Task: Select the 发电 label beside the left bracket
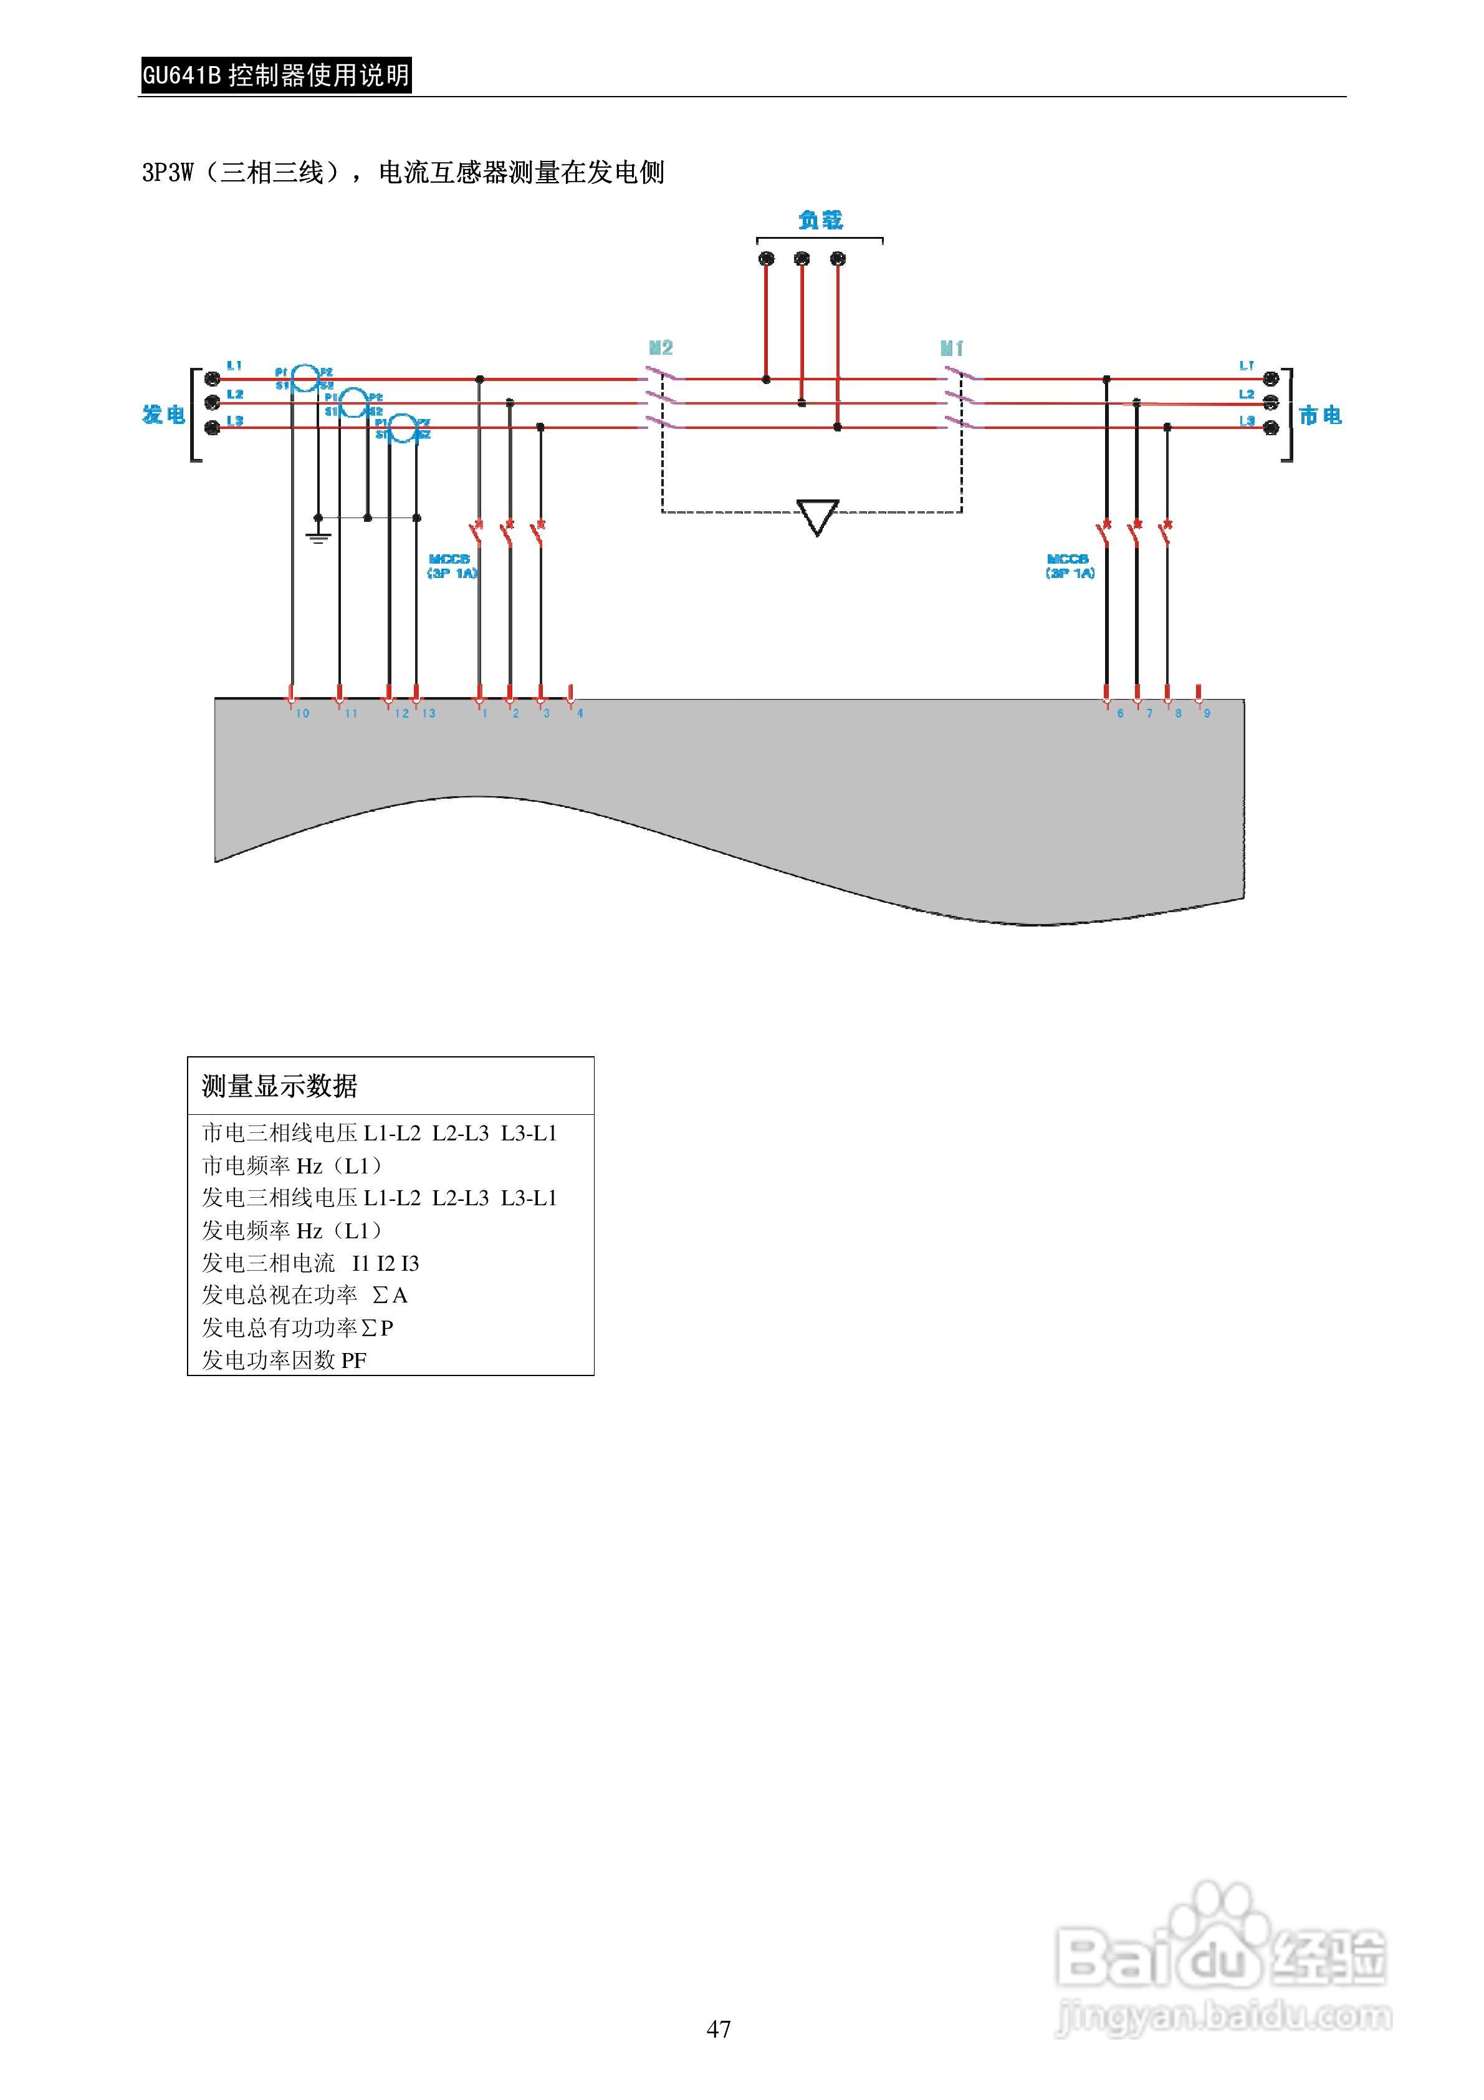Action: (163, 415)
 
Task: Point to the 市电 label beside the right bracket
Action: (1320, 416)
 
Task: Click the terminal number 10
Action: (302, 713)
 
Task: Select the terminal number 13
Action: (429, 713)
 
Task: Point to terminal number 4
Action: (580, 713)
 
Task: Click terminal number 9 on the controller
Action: (1207, 713)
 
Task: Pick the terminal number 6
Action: (1120, 713)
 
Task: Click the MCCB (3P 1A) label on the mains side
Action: (1069, 566)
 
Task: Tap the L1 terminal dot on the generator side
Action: (212, 378)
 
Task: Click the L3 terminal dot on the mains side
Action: (1270, 427)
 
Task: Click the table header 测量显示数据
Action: (280, 1087)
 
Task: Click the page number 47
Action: (719, 2029)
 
